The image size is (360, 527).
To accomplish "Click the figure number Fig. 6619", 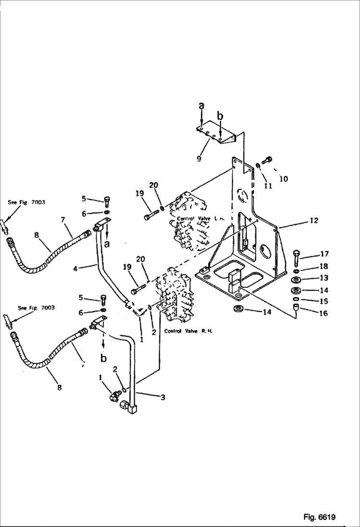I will pyautogui.click(x=319, y=517).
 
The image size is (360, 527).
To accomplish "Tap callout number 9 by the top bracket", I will pyautogui.click(x=199, y=159).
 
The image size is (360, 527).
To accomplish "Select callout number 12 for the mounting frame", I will pyautogui.click(x=313, y=221).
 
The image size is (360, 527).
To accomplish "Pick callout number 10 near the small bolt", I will pyautogui.click(x=284, y=179).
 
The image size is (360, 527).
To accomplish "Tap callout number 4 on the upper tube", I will pyautogui.click(x=75, y=268).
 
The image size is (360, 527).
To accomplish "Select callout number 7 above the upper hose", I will pyautogui.click(x=63, y=220).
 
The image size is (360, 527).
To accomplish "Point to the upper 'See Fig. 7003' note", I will pyautogui.click(x=26, y=202).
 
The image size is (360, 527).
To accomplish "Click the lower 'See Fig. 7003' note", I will pyautogui.click(x=36, y=307).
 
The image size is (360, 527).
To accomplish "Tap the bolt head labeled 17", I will pyautogui.click(x=296, y=255).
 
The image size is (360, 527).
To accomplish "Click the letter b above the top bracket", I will pyautogui.click(x=220, y=116).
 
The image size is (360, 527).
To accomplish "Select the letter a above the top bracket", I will pyautogui.click(x=201, y=105).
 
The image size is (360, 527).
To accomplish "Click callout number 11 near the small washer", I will pyautogui.click(x=268, y=185).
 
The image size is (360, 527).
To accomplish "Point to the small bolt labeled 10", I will pyautogui.click(x=268, y=160).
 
